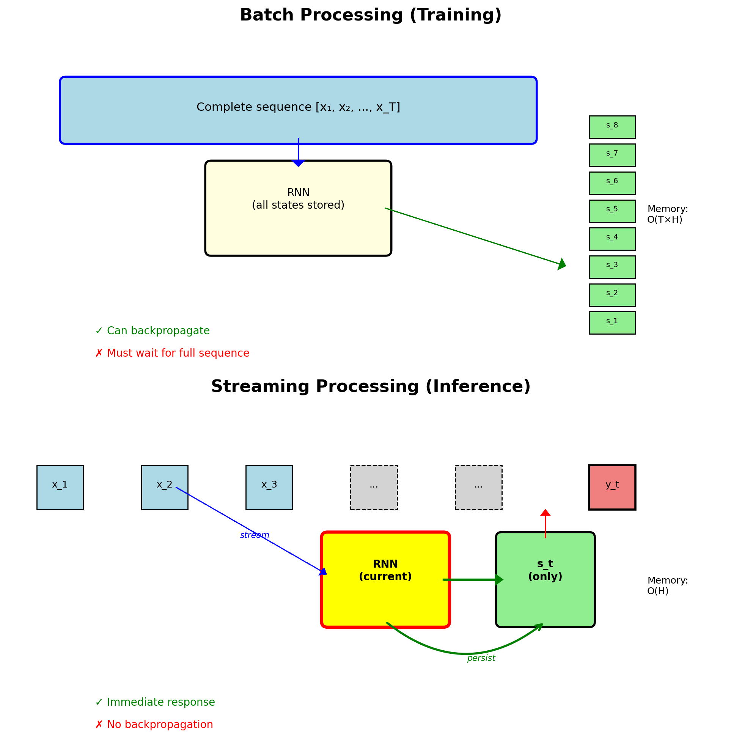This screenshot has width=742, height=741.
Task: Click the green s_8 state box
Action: point(612,127)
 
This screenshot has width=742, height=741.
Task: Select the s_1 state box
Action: point(612,323)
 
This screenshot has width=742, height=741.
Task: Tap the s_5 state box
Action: point(612,211)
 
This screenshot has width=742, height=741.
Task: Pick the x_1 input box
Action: point(60,487)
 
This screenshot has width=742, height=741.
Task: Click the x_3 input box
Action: point(269,487)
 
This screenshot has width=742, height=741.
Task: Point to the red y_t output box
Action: point(612,487)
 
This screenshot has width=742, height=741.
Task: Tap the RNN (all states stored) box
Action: point(298,208)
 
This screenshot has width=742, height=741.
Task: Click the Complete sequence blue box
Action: point(298,110)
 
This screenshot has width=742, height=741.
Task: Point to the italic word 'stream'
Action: point(254,535)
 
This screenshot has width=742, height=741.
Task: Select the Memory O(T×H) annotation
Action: point(667,214)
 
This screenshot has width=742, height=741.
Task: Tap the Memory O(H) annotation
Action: point(667,585)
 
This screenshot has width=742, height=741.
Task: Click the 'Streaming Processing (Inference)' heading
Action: point(371,386)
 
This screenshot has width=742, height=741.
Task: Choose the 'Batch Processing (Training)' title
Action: point(371,15)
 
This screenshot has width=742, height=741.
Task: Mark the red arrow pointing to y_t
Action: point(545,523)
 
